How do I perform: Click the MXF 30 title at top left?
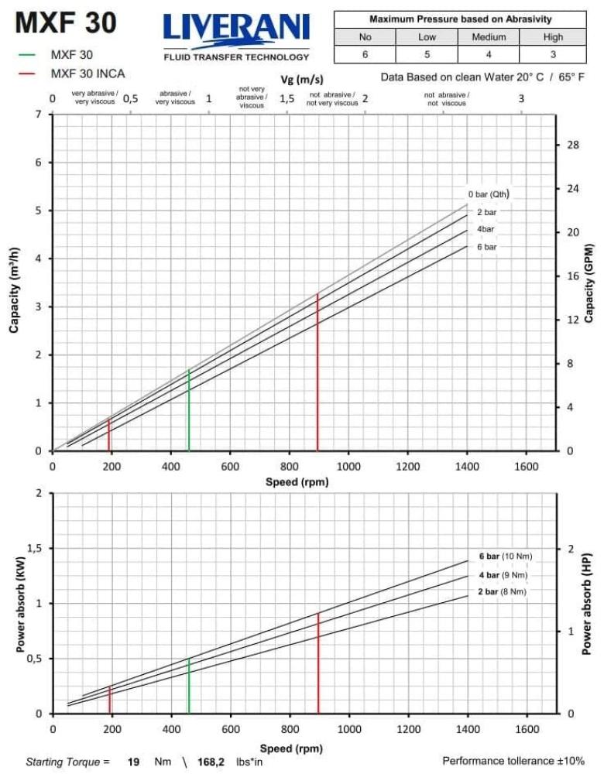pos(66,24)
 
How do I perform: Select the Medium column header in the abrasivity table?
pos(489,36)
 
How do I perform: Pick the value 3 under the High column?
pos(553,55)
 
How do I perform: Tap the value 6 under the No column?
pos(365,55)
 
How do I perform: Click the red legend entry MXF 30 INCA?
pos(88,74)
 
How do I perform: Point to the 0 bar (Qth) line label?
pos(488,194)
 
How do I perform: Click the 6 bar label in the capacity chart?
pos(486,247)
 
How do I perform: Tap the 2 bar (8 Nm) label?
pos(502,592)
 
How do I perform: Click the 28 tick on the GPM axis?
pos(574,146)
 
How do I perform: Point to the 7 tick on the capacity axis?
pos(39,115)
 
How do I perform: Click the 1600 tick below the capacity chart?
pos(526,467)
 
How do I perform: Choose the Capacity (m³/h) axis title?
pos(15,289)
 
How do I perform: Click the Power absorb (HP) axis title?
pos(587,604)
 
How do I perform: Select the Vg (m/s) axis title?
pos(302,80)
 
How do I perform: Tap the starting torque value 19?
pos(133,762)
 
